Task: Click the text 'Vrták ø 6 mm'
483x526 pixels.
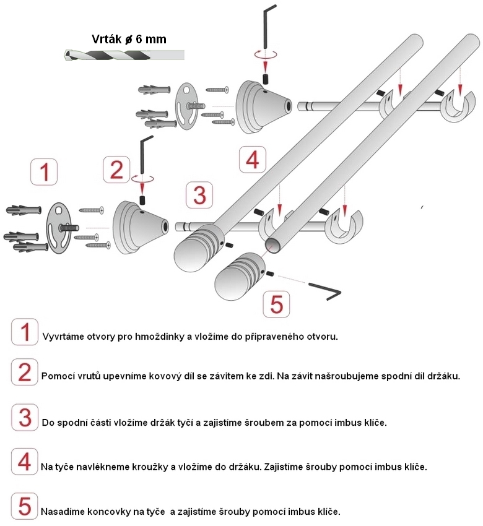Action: (129, 39)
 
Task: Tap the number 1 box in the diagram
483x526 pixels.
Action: (44, 172)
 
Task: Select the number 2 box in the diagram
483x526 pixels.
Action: (117, 169)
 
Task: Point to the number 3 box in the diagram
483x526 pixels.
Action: (199, 195)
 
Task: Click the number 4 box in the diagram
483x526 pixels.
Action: (251, 160)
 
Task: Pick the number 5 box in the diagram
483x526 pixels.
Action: (277, 304)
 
